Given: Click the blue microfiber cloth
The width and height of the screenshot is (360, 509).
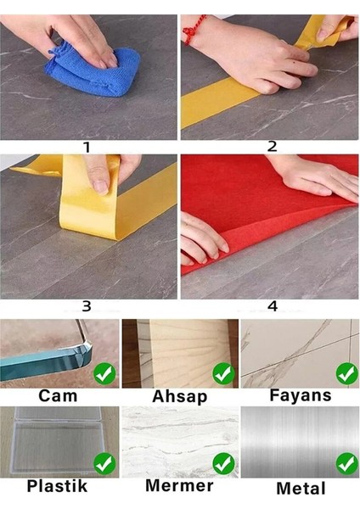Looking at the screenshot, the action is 93,71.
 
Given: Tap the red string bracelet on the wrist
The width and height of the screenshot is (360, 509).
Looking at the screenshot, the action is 194,30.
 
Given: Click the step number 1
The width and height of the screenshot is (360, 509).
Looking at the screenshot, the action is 87,148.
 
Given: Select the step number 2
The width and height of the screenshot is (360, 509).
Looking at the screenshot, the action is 273,147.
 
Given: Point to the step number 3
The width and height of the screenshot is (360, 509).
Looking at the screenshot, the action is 87,306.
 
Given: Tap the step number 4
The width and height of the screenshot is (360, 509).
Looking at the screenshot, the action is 273,306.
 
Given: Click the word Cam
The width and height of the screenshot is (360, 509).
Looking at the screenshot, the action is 58,396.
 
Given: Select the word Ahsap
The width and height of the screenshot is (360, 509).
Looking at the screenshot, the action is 180,397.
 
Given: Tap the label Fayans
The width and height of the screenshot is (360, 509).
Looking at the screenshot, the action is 301,395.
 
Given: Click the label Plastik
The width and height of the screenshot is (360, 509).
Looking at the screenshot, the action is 57,486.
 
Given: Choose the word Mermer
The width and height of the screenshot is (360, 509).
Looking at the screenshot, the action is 179,486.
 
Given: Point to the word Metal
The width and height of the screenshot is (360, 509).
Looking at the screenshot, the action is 301,489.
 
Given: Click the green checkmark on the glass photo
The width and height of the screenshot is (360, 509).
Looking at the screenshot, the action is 104,374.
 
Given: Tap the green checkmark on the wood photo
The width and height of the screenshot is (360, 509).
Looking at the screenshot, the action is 224,374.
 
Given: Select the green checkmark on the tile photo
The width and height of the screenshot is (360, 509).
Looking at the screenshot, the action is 347,373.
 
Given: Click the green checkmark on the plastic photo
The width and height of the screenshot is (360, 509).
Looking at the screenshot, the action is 104,464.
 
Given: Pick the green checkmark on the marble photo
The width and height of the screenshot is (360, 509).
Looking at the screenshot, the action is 224,464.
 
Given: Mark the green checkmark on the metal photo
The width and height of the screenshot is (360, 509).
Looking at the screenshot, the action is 347,464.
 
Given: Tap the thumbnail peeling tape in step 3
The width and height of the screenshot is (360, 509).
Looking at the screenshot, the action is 101,187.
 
